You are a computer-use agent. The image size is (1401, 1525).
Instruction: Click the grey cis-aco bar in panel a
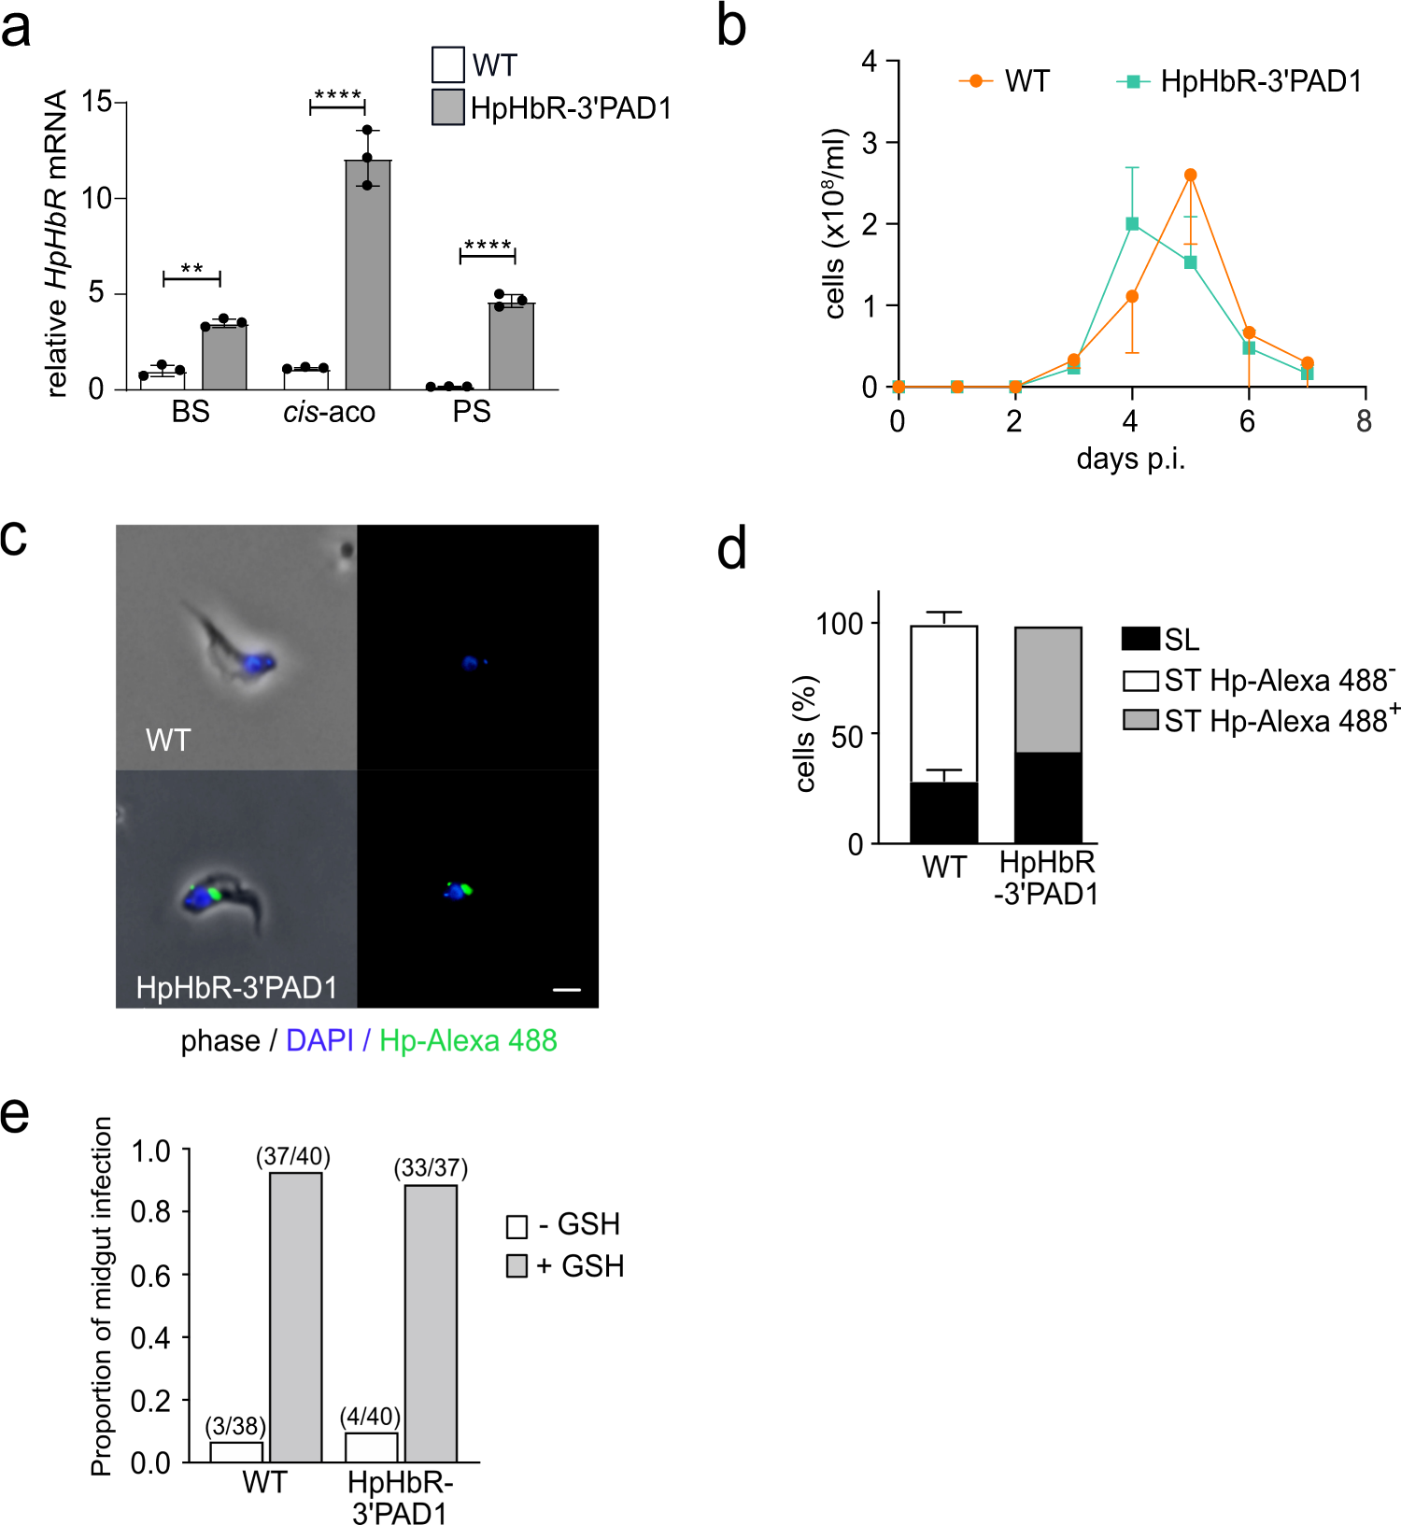coord(367,275)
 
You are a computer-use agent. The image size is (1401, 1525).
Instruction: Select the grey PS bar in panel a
coord(511,346)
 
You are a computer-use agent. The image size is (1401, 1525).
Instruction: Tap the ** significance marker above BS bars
coord(191,269)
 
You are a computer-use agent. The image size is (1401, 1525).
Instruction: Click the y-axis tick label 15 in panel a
coord(97,101)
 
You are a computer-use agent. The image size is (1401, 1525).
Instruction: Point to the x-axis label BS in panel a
coord(191,412)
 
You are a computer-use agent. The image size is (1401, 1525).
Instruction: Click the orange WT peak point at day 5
coord(1190,175)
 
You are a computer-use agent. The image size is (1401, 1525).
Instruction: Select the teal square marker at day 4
coord(1132,224)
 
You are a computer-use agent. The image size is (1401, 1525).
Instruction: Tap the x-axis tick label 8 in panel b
coord(1364,422)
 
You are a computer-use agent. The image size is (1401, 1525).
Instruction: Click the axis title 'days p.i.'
coord(1130,459)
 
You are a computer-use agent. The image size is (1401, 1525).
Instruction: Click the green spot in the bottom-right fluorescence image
coord(465,889)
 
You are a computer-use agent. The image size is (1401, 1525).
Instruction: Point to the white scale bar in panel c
coord(566,989)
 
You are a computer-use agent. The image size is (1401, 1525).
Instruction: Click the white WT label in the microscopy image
coord(168,741)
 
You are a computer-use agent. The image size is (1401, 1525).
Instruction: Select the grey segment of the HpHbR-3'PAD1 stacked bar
coord(1048,689)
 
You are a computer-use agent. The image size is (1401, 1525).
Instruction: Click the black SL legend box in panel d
coord(1139,639)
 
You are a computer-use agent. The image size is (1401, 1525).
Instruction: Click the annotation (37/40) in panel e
coord(293,1156)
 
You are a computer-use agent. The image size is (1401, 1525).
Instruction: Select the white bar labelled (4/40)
coord(371,1447)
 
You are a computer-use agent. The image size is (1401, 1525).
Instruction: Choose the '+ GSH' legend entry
coord(565,1266)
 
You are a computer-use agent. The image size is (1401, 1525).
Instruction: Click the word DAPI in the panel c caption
coord(319,1040)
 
